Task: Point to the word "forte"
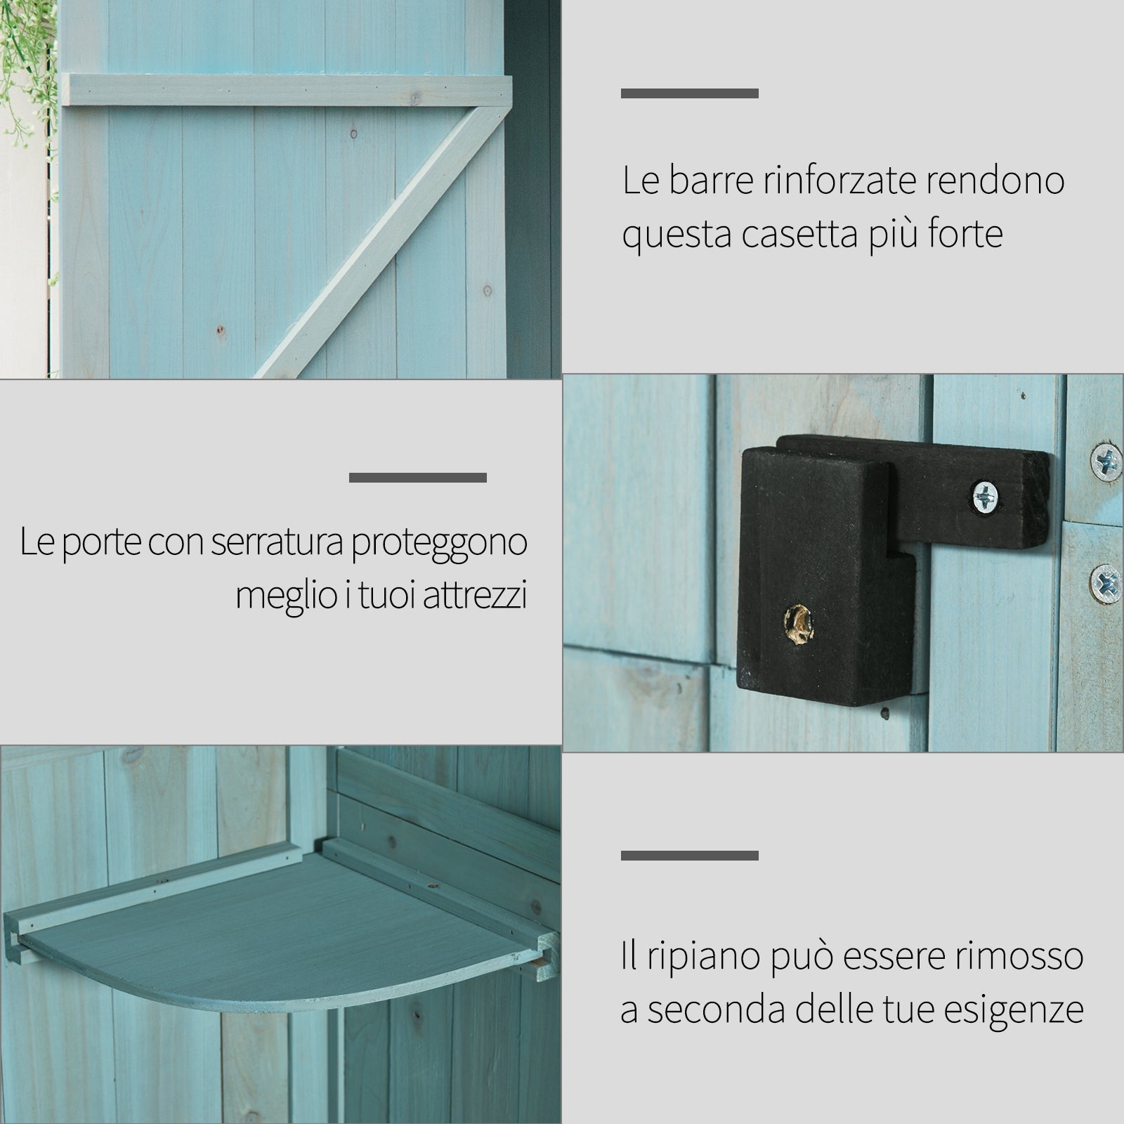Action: pyautogui.click(x=965, y=235)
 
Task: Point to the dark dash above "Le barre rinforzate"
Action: pyautogui.click(x=689, y=93)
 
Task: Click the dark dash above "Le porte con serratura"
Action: pyautogui.click(x=417, y=478)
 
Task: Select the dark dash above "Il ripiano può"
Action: pyautogui.click(x=689, y=856)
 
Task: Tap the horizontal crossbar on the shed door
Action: pyautogui.click(x=281, y=90)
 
